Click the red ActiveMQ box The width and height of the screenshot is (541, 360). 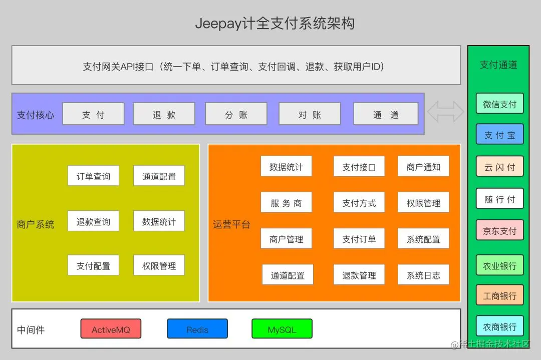pyautogui.click(x=111, y=329)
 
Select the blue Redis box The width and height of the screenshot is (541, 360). pyautogui.click(x=197, y=329)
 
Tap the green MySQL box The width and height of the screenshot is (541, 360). pyautogui.click(x=282, y=329)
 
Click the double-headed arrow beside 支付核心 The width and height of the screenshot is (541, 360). pyautogui.click(x=445, y=112)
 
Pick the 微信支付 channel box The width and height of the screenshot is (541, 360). pyautogui.click(x=499, y=104)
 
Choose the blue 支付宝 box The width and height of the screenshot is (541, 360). pyautogui.click(x=499, y=135)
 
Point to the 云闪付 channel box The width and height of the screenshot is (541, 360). pyautogui.click(x=499, y=167)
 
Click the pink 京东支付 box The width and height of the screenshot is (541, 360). pyautogui.click(x=499, y=231)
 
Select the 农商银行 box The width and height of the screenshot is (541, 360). pyautogui.click(x=499, y=326)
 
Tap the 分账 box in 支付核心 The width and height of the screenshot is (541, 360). pyautogui.click(x=236, y=114)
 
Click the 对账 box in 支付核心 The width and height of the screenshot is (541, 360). pyautogui.click(x=309, y=114)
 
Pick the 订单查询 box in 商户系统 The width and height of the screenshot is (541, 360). pyautogui.click(x=93, y=176)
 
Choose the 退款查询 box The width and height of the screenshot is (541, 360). pyautogui.click(x=93, y=221)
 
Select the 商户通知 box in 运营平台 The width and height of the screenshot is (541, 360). pyautogui.click(x=423, y=167)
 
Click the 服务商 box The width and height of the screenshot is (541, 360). pyautogui.click(x=286, y=203)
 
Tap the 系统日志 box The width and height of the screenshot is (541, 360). pyautogui.click(x=423, y=275)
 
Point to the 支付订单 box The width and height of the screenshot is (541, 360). pyautogui.click(x=359, y=239)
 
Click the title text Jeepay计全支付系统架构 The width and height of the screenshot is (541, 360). pyautogui.click(x=275, y=24)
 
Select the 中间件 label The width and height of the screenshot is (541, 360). pyautogui.click(x=31, y=330)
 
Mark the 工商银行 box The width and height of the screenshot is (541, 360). pyautogui.click(x=499, y=295)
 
